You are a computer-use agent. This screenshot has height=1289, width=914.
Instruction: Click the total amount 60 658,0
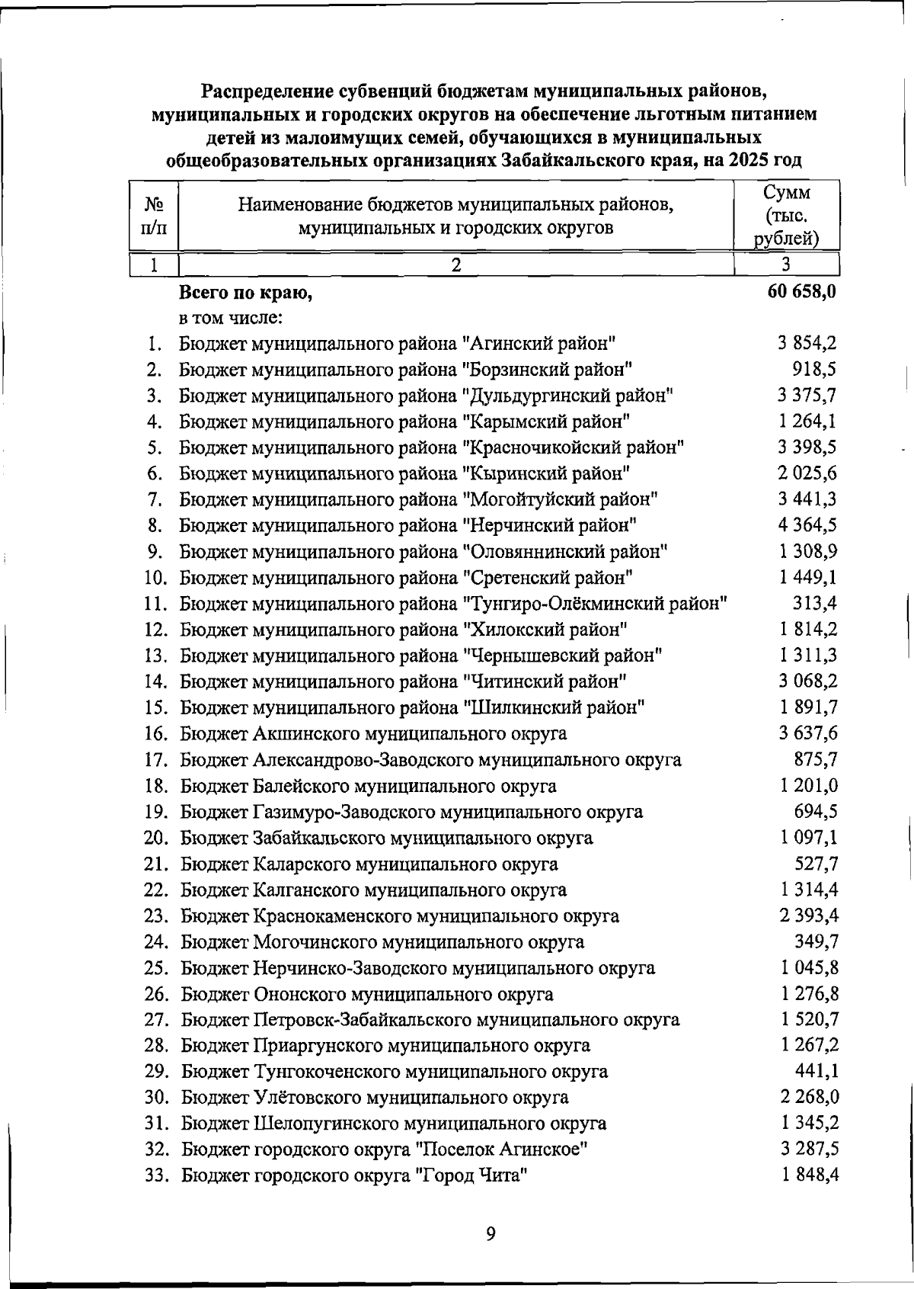coord(802,291)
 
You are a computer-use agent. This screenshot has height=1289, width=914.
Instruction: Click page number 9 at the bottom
coord(491,1233)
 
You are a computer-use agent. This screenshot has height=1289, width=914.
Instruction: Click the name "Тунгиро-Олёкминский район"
coord(594,604)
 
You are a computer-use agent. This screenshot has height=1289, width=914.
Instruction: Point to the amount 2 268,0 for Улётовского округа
coord(809,1097)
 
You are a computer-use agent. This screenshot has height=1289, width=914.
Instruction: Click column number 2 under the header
coord(455,265)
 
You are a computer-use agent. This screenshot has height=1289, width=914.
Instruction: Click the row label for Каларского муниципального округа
coord(369,864)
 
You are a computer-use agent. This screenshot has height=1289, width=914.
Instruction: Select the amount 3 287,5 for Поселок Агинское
coord(809,1148)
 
